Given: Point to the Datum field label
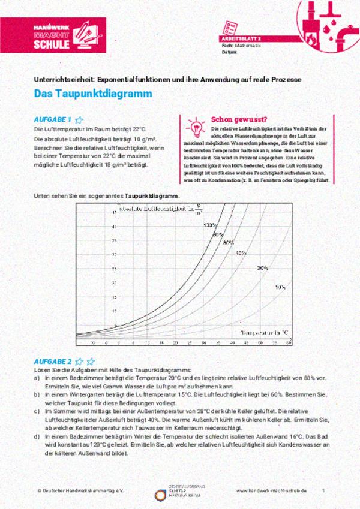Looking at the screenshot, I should [x=230, y=52].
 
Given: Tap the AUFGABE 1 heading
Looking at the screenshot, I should [x=53, y=119].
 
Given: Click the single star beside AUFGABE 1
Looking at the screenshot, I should [x=79, y=119].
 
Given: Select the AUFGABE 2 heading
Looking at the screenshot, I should [x=53, y=362].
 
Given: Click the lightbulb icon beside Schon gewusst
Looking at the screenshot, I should [x=195, y=127].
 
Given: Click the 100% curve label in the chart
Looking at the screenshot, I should [x=209, y=225].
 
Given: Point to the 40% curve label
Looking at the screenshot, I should [x=241, y=253].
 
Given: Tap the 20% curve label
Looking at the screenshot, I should [x=262, y=267].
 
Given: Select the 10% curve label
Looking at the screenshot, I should [x=280, y=287].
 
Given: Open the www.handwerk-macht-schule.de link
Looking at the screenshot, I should [x=271, y=490].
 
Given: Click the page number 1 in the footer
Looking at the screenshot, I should [x=323, y=490].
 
